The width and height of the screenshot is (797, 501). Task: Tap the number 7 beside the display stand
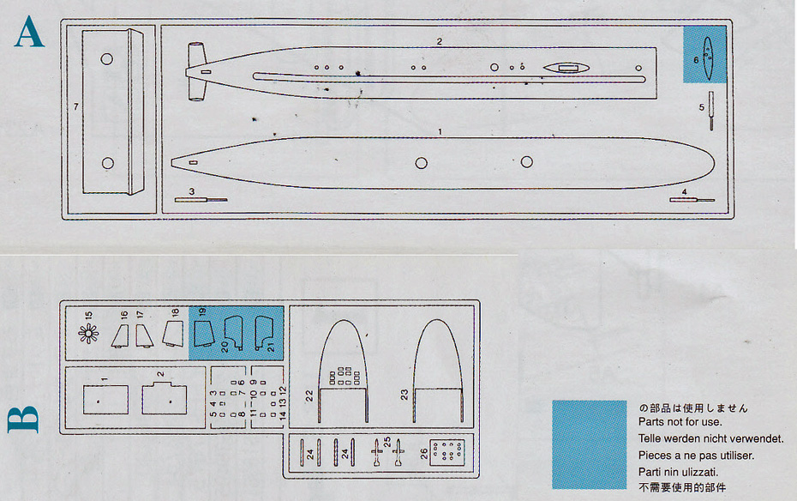pos(76,106)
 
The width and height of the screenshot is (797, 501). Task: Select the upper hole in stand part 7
pos(107,59)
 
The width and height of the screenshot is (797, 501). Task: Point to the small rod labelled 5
pos(710,110)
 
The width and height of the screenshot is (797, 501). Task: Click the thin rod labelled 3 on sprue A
pos(201,200)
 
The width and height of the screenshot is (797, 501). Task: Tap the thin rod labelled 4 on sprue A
pos(692,200)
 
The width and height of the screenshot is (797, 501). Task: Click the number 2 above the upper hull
pos(439,41)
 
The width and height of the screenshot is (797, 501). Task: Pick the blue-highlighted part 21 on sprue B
pos(263,332)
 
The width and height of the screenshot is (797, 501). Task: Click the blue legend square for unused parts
pos(589,444)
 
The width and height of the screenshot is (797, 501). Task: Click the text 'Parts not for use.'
pos(680,421)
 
